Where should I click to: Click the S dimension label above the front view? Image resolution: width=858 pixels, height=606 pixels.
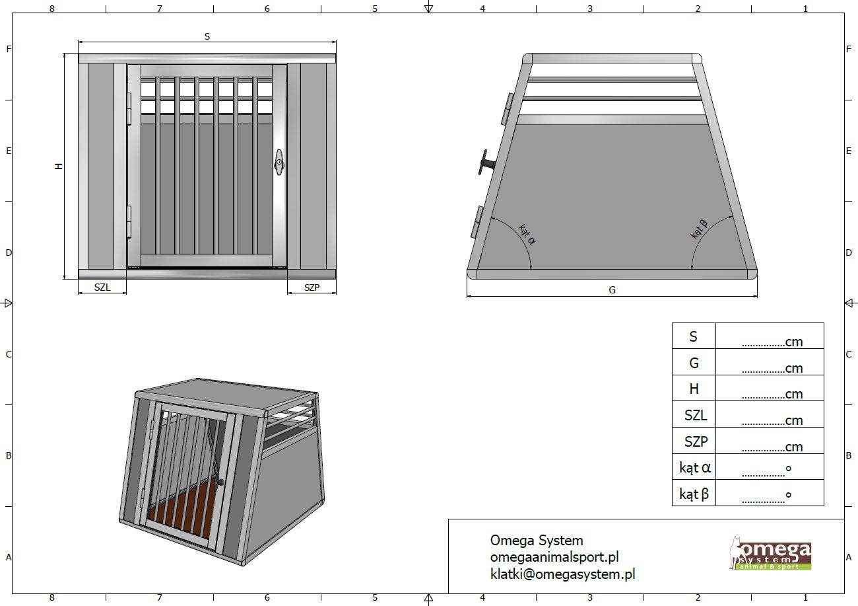point(207,36)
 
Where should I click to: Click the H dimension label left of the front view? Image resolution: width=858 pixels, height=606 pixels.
point(59,166)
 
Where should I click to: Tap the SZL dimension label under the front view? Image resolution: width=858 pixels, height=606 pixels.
point(102,287)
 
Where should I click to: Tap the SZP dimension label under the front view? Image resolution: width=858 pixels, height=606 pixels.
point(312,287)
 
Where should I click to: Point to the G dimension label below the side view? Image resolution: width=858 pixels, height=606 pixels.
point(612,290)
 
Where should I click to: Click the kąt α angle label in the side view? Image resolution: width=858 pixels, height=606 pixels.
point(527,235)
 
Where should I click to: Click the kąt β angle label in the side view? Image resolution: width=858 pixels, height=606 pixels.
point(699,229)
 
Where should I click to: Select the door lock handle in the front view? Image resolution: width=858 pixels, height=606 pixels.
point(279,163)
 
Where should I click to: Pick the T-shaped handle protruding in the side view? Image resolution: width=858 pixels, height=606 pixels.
point(486,163)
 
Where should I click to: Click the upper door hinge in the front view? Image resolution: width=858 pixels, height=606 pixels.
point(129,108)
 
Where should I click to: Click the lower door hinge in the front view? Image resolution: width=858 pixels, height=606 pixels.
point(129,221)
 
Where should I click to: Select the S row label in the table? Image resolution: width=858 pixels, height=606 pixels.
point(693,336)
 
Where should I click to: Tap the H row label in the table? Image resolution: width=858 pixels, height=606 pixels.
point(694,389)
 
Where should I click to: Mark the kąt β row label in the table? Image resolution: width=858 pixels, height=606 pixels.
point(694,494)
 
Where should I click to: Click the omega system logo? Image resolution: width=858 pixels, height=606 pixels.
point(770,553)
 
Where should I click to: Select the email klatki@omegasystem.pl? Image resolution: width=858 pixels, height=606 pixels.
point(563,574)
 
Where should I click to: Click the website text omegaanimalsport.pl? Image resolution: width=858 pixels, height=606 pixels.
point(554,557)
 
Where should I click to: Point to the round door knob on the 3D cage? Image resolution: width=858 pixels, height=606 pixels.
point(221,483)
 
